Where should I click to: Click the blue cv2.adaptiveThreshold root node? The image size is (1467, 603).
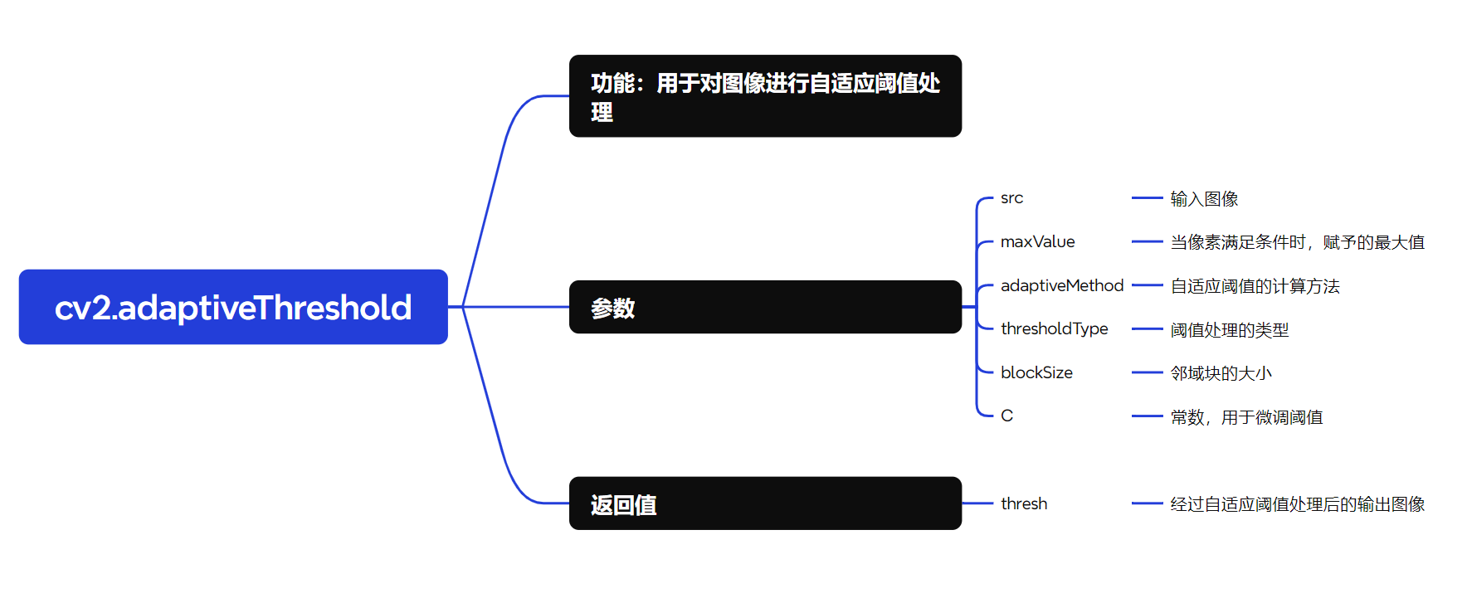click(233, 307)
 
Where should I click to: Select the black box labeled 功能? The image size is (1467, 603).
click(765, 96)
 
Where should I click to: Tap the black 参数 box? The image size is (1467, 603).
click(765, 307)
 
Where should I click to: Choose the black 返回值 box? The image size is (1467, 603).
click(765, 503)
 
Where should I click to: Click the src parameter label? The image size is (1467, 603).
click(1011, 198)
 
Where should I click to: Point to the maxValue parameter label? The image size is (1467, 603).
click(1037, 242)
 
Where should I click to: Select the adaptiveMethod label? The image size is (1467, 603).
click(1062, 285)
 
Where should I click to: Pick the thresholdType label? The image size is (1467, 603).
click(1054, 329)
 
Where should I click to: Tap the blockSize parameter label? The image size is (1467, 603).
click(1036, 373)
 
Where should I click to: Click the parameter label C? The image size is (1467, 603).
click(1006, 416)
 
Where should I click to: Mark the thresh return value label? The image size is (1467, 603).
click(1024, 504)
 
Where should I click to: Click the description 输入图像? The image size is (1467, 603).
click(1204, 199)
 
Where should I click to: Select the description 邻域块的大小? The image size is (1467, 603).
click(1221, 373)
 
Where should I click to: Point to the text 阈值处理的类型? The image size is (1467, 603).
click(1229, 330)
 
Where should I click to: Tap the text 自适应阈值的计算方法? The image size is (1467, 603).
click(1255, 286)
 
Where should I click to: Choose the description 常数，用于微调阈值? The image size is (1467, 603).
click(1246, 417)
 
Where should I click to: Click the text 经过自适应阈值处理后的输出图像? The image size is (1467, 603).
click(1297, 504)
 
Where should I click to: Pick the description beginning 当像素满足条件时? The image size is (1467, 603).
click(1297, 242)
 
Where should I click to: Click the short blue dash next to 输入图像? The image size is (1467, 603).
click(1147, 198)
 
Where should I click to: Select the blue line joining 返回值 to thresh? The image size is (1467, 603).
click(977, 503)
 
